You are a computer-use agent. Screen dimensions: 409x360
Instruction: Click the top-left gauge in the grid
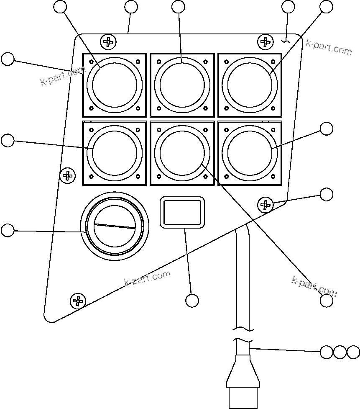point(114,85)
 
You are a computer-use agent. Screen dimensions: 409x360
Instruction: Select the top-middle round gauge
point(182,85)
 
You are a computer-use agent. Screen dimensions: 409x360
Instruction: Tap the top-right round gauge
point(250,85)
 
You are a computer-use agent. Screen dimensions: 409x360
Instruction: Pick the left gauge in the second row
point(114,153)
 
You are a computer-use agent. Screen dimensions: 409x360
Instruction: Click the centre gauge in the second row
point(182,153)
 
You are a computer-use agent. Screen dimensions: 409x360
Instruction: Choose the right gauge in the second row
point(250,153)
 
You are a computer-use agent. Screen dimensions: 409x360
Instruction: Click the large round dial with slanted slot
point(115,226)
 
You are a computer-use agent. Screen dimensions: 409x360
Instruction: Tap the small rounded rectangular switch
point(182,213)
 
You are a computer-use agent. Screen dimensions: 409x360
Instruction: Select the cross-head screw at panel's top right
point(264,41)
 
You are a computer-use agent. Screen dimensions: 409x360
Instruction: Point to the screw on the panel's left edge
point(67,175)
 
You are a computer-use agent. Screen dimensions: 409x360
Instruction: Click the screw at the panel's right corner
point(265,205)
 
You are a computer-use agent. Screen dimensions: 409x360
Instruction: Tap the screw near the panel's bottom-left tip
point(77,300)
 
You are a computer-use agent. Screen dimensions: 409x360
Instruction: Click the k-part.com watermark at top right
point(329,47)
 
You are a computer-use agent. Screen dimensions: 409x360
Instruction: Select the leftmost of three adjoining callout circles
point(327,352)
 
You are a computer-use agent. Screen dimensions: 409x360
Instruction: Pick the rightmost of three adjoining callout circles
point(353,352)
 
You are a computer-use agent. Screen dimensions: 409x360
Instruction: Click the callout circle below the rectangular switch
point(192,300)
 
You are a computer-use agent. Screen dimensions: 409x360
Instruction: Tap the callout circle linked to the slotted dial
point(8,230)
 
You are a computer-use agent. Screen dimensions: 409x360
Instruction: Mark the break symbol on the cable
point(243,333)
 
